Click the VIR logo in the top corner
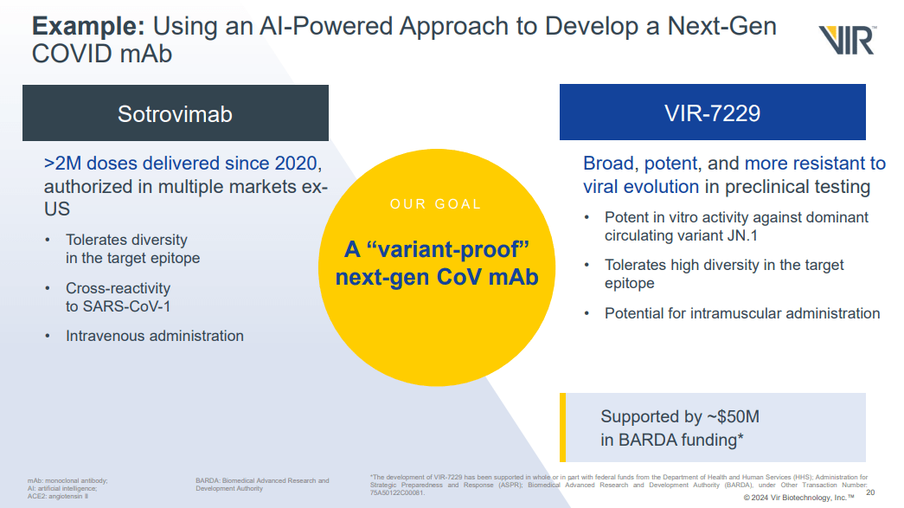[848, 40]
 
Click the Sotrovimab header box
[175, 113]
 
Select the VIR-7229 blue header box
[712, 113]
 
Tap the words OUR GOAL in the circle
[435, 204]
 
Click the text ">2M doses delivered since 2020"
[183, 163]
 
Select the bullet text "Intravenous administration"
[155, 336]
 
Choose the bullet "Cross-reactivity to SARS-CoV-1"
[119, 296]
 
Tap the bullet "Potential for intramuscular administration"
[741, 313]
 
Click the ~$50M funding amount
[728, 416]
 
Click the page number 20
[870, 492]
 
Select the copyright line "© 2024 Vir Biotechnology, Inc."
[798, 498]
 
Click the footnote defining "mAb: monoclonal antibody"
[67, 480]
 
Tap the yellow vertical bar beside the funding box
[563, 428]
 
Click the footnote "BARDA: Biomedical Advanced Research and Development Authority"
[262, 485]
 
